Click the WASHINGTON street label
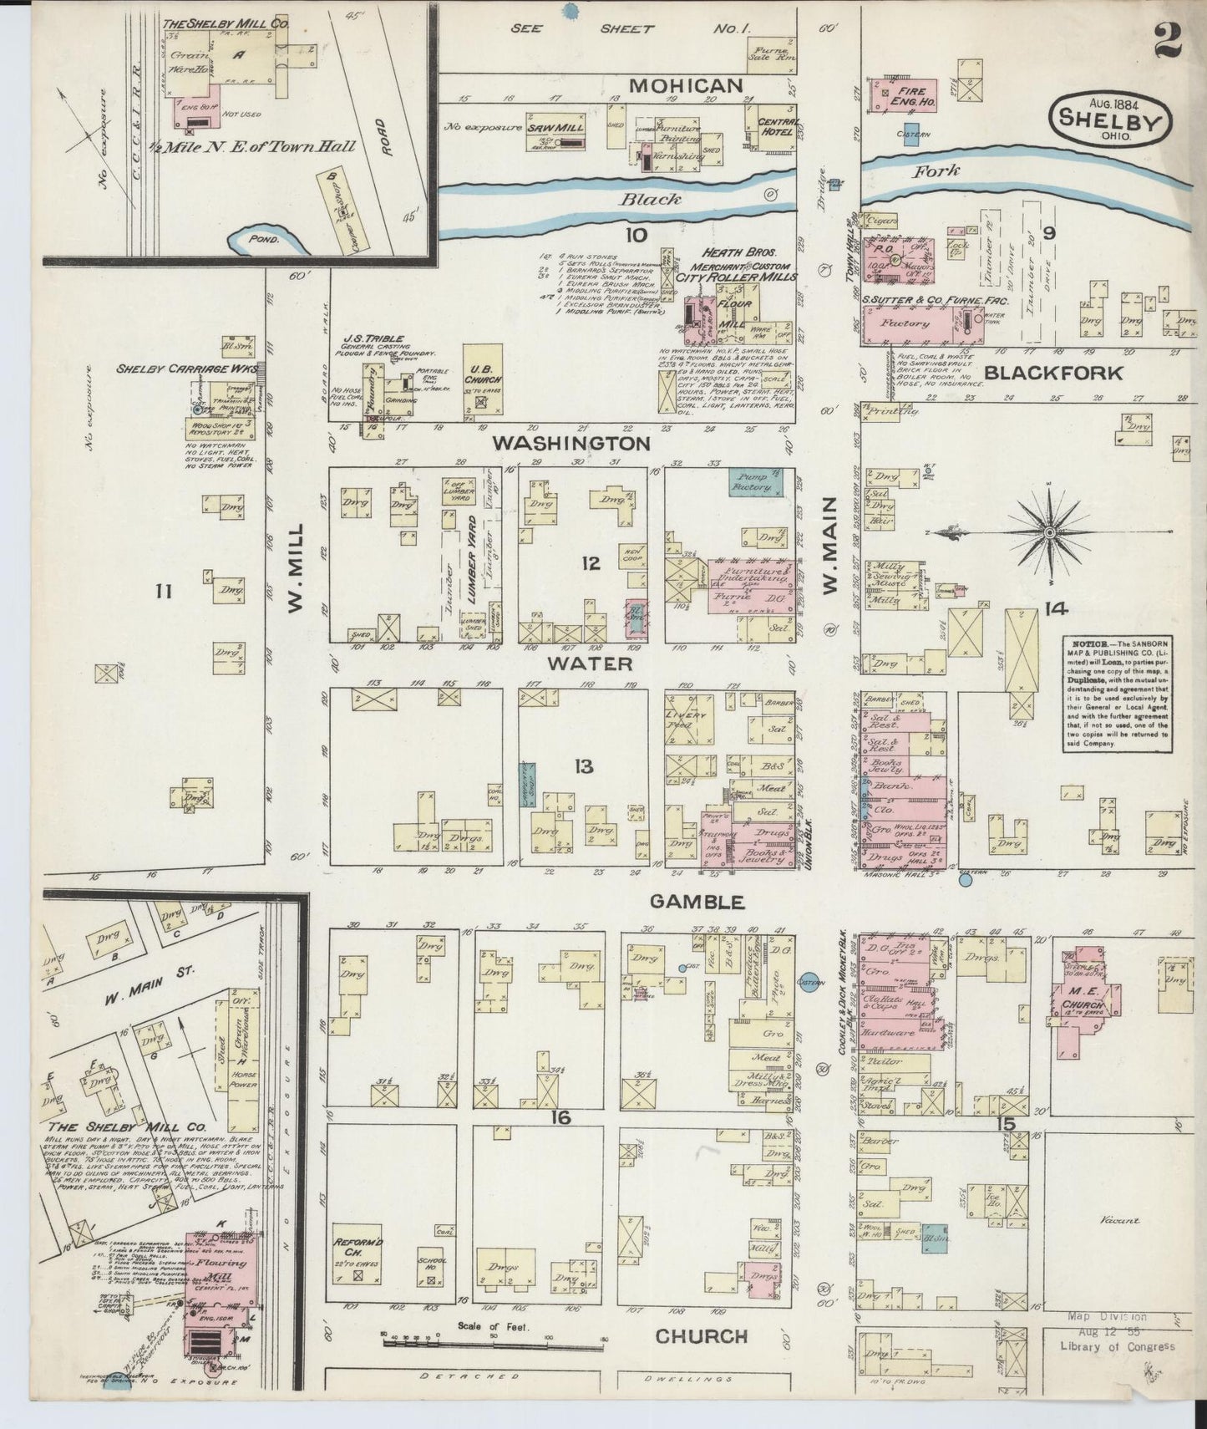tap(571, 443)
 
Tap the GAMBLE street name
tap(696, 901)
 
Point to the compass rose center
tap(1050, 531)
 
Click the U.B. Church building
tap(483, 381)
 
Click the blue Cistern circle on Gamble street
tap(808, 980)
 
